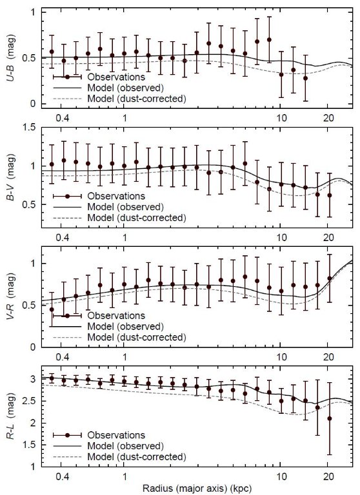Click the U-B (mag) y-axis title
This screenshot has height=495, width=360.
(x=12, y=59)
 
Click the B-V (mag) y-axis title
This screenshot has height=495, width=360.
(x=12, y=177)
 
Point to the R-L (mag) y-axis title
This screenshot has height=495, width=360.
(x=12, y=416)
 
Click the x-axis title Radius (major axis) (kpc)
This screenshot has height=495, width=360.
(x=197, y=489)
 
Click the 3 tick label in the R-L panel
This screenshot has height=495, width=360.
(x=34, y=379)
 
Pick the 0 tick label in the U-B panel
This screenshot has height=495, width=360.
(x=34, y=104)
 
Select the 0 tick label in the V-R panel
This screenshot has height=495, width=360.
(x=34, y=347)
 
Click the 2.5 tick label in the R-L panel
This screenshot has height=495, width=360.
(x=31, y=402)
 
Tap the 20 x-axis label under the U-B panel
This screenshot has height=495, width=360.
(x=328, y=118)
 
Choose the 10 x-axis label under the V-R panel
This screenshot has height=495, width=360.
(x=282, y=356)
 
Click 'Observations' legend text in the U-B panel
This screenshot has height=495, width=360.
(x=116, y=77)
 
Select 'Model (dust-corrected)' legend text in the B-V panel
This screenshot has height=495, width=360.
(x=137, y=218)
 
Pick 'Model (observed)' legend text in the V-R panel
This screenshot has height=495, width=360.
(x=125, y=326)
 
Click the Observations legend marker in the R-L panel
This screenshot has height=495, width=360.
(x=67, y=435)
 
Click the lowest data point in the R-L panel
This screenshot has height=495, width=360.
(x=329, y=418)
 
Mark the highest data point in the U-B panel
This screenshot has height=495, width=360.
(x=269, y=40)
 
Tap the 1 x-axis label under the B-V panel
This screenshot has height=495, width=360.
(x=125, y=237)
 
